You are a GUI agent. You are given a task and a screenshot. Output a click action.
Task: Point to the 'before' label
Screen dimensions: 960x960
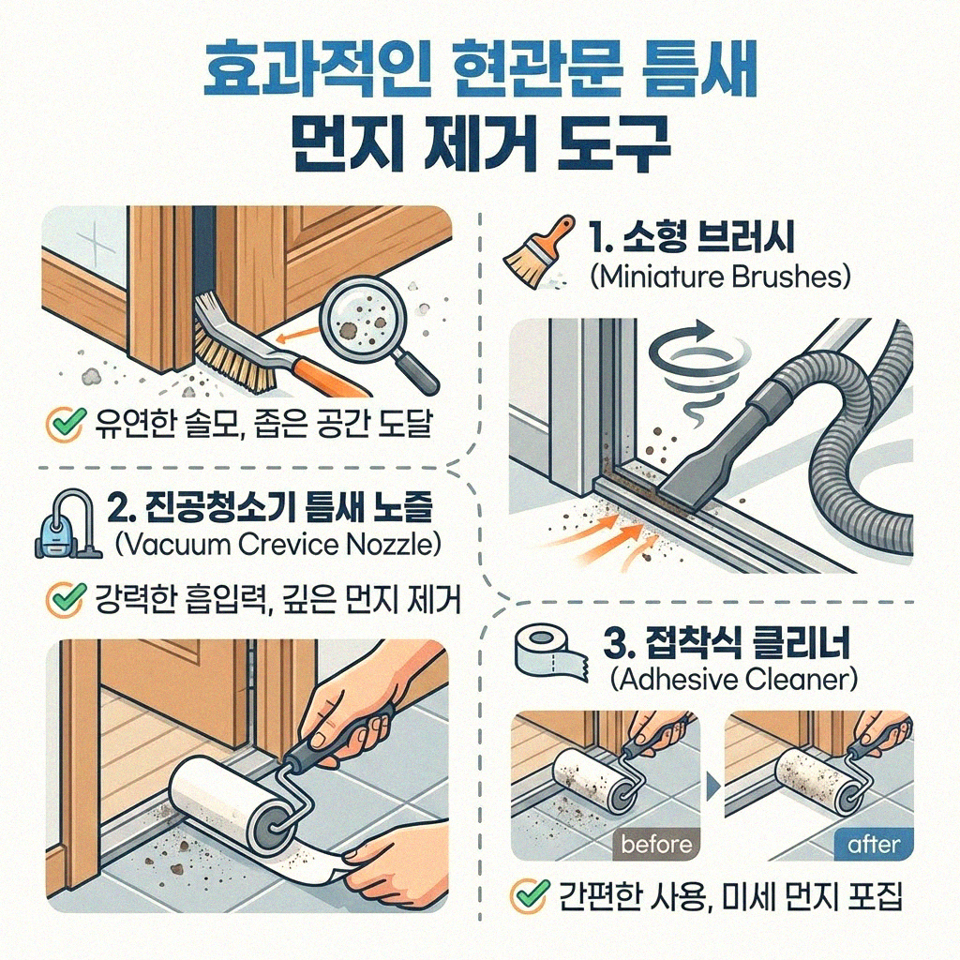pyautogui.click(x=656, y=844)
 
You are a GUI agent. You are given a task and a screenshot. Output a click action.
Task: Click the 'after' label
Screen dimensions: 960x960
pyautogui.click(x=873, y=844)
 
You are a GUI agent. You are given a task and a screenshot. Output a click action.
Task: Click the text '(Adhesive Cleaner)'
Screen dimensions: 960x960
pyautogui.click(x=733, y=680)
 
